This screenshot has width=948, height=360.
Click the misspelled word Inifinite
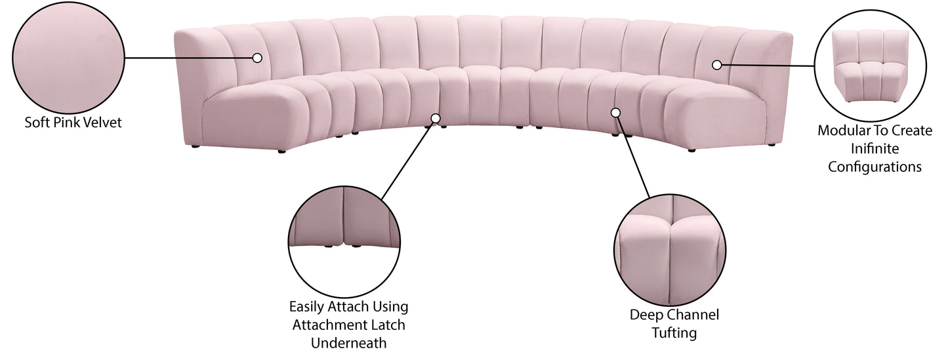point(875,149)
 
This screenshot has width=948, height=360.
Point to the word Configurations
point(875,167)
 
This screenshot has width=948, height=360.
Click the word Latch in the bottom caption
point(388,325)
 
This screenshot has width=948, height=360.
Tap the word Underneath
point(348,342)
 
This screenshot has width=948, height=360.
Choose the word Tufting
point(674,333)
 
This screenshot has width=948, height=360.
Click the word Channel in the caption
point(693,315)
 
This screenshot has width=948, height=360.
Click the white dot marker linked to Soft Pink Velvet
point(257,58)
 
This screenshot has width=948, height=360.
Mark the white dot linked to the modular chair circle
point(717,65)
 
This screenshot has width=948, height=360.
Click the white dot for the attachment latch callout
point(436,118)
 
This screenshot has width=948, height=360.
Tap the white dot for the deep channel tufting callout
point(615,113)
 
